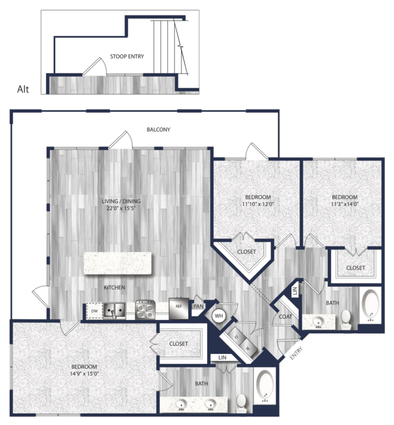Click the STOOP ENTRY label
127,56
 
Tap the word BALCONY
158,129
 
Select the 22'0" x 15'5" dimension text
121,208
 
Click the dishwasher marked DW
94,311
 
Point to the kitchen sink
114,310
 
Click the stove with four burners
145,309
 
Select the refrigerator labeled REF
178,308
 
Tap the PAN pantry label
199,306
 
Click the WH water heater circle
219,316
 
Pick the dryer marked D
236,337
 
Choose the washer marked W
248,348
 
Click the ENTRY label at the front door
296,353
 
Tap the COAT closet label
285,316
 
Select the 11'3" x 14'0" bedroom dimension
345,204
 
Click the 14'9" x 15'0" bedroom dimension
84,374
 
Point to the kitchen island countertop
118,263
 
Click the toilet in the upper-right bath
345,319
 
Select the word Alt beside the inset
22,89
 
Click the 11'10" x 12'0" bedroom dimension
258,204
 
